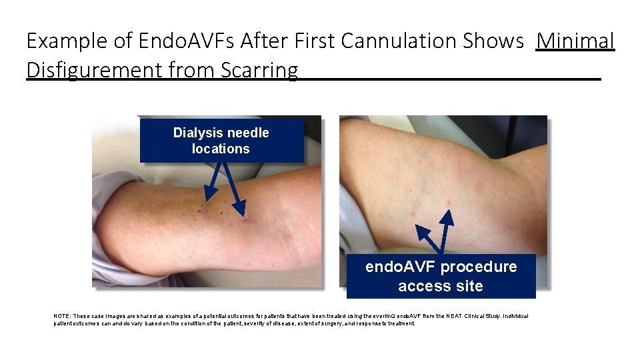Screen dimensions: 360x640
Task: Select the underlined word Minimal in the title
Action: click(x=575, y=41)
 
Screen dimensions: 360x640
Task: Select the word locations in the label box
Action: click(x=221, y=149)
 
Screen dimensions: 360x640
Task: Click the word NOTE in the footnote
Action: click(x=61, y=316)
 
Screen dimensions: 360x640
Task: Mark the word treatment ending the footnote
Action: click(x=400, y=323)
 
